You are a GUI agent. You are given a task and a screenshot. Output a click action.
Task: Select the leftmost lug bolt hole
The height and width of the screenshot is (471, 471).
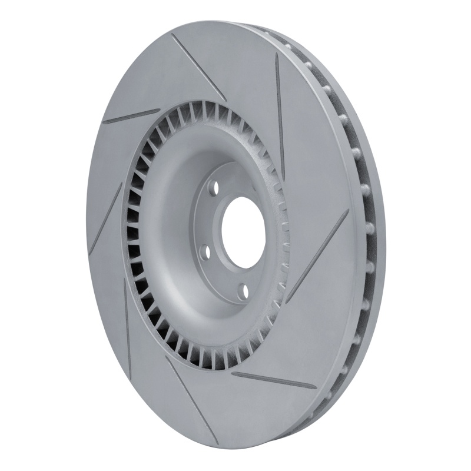[204, 252]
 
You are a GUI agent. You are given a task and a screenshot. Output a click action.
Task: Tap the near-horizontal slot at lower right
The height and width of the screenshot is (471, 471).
[274, 380]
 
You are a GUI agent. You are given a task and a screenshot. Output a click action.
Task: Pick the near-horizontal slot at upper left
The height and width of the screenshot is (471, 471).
[131, 116]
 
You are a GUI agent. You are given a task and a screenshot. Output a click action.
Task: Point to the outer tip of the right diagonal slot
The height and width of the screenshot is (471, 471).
[348, 211]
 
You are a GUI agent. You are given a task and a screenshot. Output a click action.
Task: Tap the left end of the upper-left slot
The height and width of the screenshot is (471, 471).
[104, 122]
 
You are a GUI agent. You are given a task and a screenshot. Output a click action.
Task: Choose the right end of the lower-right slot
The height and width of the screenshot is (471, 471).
[315, 388]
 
